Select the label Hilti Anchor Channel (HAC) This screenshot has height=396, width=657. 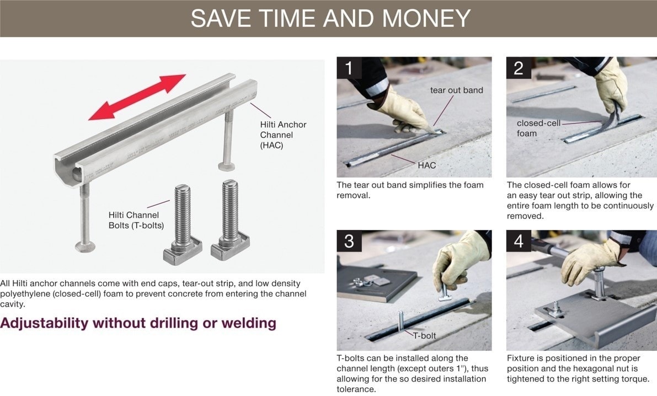pos(284,135)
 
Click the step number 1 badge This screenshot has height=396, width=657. pos(349,68)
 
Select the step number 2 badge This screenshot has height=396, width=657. pos(519,68)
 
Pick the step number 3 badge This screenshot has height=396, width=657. pos(349,242)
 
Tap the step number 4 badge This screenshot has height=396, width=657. pos(519,242)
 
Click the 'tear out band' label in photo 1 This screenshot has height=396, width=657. pos(456,90)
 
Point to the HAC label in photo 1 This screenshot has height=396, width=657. pos(427,165)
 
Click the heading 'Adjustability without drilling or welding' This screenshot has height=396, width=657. pos(138,323)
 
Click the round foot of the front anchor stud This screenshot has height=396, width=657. pos(87,246)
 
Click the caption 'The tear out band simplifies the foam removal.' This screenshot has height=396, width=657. pos(410,190)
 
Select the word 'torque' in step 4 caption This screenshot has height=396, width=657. pos(636,379)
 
